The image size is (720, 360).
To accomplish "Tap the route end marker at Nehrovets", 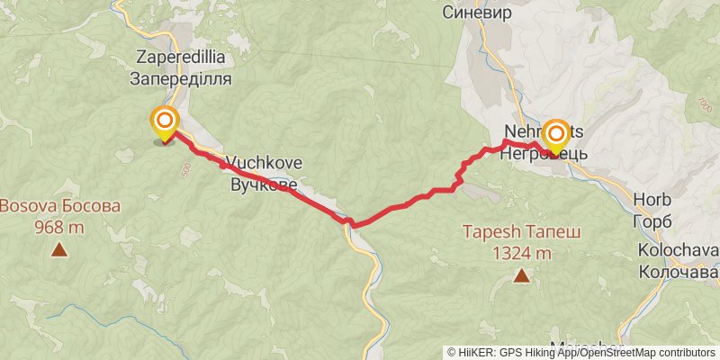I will [556, 136].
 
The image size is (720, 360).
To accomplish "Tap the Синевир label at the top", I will [477, 13].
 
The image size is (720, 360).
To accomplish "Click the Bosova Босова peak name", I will [59, 206].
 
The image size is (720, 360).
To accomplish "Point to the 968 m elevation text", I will [59, 228].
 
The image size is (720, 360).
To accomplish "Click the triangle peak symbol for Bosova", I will [59, 250].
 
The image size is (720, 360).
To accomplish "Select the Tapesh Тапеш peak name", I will [521, 232].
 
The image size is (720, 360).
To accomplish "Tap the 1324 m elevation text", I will [521, 254].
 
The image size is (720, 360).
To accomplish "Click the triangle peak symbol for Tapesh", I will [521, 275].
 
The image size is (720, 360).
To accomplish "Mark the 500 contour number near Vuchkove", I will [186, 168].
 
